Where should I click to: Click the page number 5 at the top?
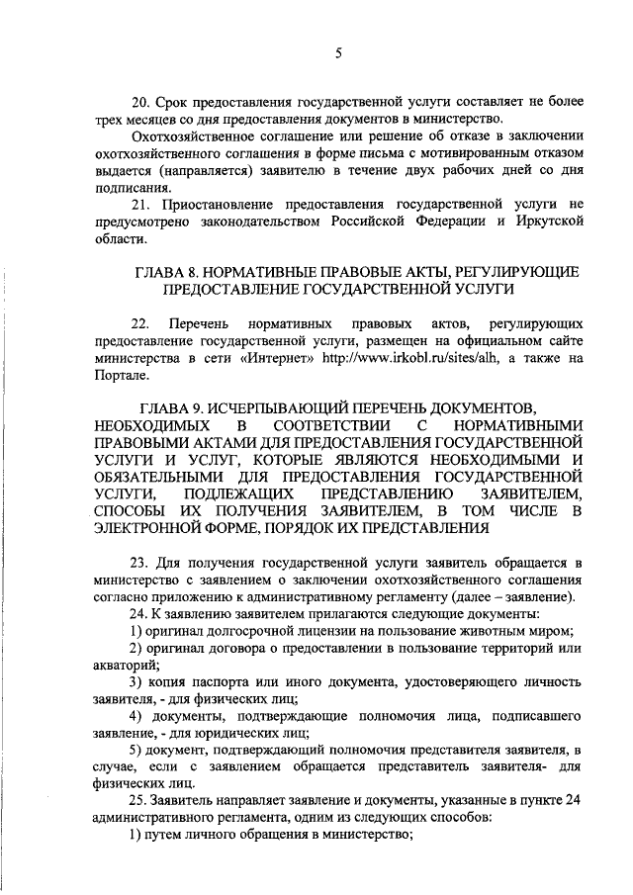tap(337, 55)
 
